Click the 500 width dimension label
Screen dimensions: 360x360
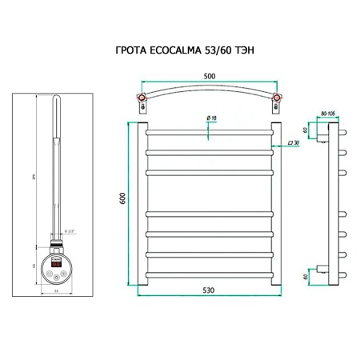pos(210,78)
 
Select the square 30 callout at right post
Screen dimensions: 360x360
pos(293,142)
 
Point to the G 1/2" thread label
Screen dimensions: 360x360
pos(70,232)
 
